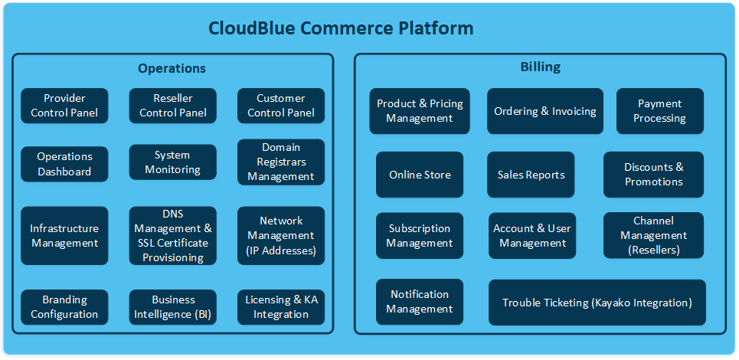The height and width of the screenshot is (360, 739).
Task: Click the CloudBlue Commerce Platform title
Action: pyautogui.click(x=341, y=28)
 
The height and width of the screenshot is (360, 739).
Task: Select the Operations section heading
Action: pyautogui.click(x=172, y=68)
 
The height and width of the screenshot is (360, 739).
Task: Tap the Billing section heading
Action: pyautogui.click(x=540, y=67)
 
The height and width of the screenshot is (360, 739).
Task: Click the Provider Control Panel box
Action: pyautogui.click(x=64, y=106)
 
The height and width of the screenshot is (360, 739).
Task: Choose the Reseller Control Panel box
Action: pyautogui.click(x=173, y=106)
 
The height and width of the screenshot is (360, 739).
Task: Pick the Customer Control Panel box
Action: pyautogui.click(x=281, y=106)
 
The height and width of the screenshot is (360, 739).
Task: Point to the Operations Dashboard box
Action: pyautogui.click(x=64, y=164)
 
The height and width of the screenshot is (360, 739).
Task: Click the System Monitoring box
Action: pyautogui.click(x=173, y=162)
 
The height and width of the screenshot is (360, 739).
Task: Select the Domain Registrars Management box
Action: pyautogui.click(x=281, y=162)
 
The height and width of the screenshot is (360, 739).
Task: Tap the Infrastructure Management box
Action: pyautogui.click(x=64, y=236)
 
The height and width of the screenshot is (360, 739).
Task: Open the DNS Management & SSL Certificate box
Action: pyautogui.click(x=173, y=236)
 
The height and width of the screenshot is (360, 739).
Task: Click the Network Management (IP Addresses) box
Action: pyautogui.click(x=281, y=236)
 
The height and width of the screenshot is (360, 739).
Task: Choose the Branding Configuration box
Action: pyautogui.click(x=64, y=307)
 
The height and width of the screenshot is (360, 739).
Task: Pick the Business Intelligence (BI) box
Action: pyautogui.click(x=173, y=307)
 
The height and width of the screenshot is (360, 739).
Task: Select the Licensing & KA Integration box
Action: pyautogui.click(x=281, y=307)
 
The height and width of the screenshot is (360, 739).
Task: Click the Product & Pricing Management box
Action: pyautogui.click(x=420, y=111)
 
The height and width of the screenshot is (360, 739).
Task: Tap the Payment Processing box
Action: pyautogui.click(x=660, y=111)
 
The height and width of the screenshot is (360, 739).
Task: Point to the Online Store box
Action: pyautogui.click(x=420, y=175)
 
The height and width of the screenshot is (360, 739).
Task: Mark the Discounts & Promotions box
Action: pyautogui.click(x=653, y=175)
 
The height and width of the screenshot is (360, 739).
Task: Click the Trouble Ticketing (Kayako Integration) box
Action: pyautogui.click(x=597, y=303)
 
